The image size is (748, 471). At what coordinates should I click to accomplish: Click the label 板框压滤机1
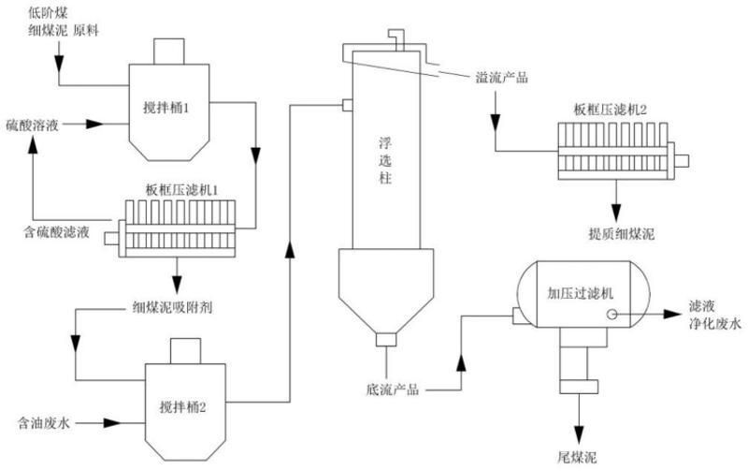tap(181, 190)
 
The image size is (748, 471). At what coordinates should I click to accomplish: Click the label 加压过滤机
tap(579, 292)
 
